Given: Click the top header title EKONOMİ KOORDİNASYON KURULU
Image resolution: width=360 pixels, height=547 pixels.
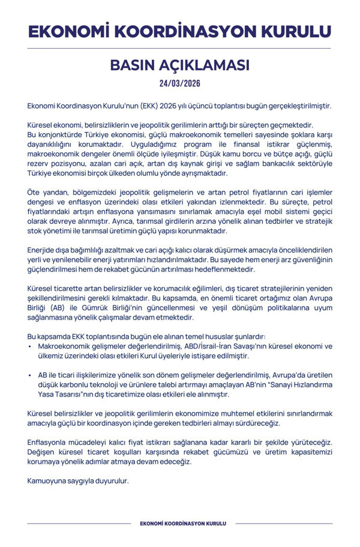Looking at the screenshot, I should (x=179, y=31).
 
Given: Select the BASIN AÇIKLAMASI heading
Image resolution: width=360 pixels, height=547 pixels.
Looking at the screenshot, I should (x=179, y=65).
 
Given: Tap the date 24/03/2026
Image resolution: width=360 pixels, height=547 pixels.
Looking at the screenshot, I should (x=179, y=83).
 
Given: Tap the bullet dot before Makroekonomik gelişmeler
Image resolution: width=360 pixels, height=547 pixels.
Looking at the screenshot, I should (x=30, y=347).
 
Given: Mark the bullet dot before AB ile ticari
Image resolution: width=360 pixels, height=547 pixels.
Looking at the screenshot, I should (x=30, y=375).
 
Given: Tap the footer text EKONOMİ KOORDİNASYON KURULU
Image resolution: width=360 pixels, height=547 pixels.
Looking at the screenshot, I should (x=179, y=524).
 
